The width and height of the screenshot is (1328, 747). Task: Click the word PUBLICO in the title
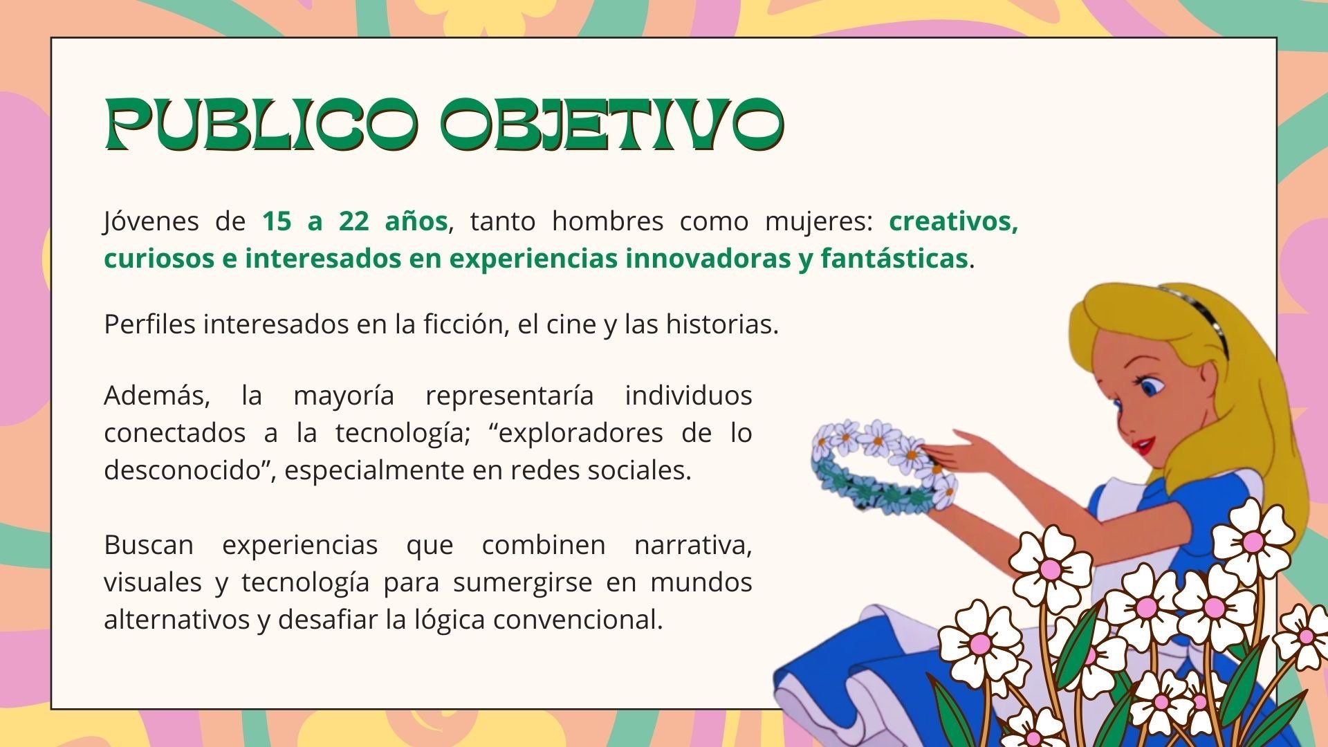(x=261, y=125)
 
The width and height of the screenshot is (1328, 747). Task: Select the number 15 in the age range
(x=277, y=221)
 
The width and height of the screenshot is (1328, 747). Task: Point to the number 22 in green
(x=353, y=221)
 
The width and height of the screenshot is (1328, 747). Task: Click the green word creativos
(x=954, y=221)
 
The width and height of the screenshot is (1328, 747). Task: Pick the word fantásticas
(x=894, y=259)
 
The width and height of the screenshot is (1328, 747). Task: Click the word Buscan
(x=149, y=545)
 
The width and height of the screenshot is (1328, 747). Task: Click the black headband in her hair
(x=1201, y=317)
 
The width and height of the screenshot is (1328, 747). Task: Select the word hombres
(x=607, y=221)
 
